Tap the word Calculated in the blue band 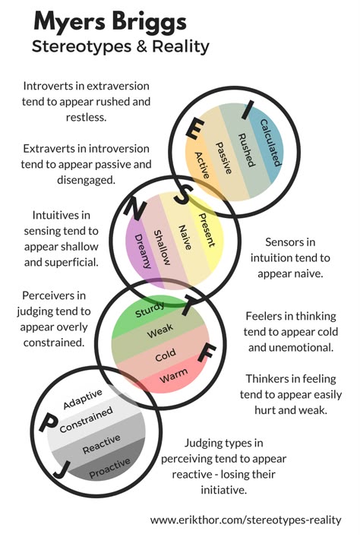[x=271, y=143]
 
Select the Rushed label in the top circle [x=247, y=150]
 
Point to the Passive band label [x=223, y=158]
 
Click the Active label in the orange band [x=202, y=166]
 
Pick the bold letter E [x=195, y=128]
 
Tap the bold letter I [x=248, y=110]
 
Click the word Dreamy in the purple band [x=143, y=251]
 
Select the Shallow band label [x=162, y=248]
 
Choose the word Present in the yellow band [x=207, y=230]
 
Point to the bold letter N [x=134, y=210]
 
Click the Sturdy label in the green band [x=150, y=310]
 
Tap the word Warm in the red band [x=174, y=375]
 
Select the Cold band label [x=166, y=355]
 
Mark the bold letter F [x=207, y=353]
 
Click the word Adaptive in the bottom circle [x=83, y=399]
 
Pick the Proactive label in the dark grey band [x=110, y=469]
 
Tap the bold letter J [x=62, y=469]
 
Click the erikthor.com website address [x=245, y=519]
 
